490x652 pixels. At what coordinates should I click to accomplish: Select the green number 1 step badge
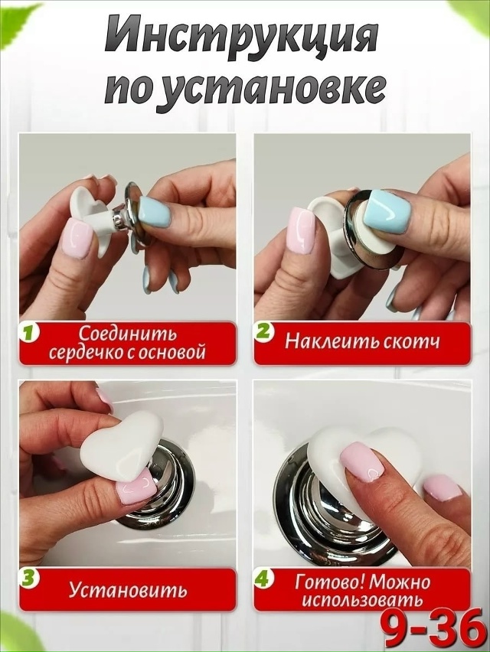pos(29,333)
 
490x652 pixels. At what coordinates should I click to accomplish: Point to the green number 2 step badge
pos(264,333)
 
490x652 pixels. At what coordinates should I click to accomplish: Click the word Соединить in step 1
pos(126,334)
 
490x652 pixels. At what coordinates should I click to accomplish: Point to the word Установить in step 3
pos(127,590)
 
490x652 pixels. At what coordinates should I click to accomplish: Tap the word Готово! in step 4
pos(328,581)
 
